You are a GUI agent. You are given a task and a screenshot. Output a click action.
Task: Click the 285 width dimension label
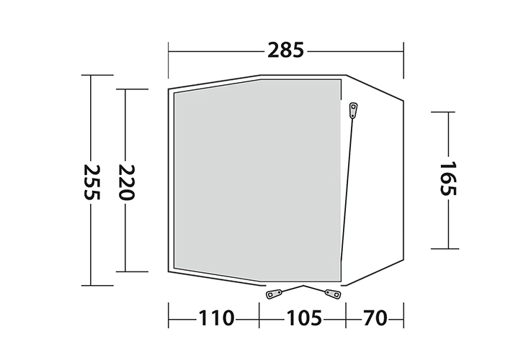point(285,50)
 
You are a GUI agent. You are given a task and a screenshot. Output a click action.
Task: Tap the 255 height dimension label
point(92,181)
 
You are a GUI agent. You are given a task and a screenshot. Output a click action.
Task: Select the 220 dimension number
point(126,182)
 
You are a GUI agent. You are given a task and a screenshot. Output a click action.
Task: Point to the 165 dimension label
point(448,179)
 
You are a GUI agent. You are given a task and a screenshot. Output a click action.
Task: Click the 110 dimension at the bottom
point(216,318)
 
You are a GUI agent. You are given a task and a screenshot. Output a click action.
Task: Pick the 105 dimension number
point(303,318)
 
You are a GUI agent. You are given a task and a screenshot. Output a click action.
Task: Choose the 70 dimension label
point(375,318)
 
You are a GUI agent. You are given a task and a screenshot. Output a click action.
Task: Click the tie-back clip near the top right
point(353,110)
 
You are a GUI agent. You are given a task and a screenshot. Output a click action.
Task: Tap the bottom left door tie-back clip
point(275,294)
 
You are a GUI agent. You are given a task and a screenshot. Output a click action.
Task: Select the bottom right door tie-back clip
point(333,294)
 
